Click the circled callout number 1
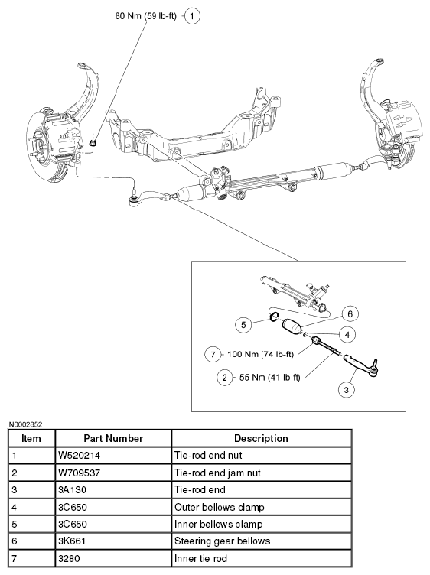tap(192, 16)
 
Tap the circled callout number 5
tap(243, 325)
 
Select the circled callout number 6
tap(350, 314)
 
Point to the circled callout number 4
tap(347, 334)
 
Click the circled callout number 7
tap(213, 354)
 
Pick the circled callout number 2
tap(224, 378)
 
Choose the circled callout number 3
tap(346, 389)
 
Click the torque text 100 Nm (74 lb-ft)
tap(260, 354)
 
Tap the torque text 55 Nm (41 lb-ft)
tap(269, 378)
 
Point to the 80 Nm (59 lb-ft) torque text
tap(146, 16)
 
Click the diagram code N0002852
tap(25, 424)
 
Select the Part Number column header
tap(113, 439)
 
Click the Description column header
tap(261, 439)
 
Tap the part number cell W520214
tap(80, 456)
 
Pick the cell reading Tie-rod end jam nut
tap(217, 473)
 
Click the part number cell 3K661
tap(73, 541)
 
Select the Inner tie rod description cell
tap(200, 558)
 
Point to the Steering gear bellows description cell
tap(223, 541)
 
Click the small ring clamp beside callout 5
tap(274, 317)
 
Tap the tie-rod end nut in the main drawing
tap(93, 143)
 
